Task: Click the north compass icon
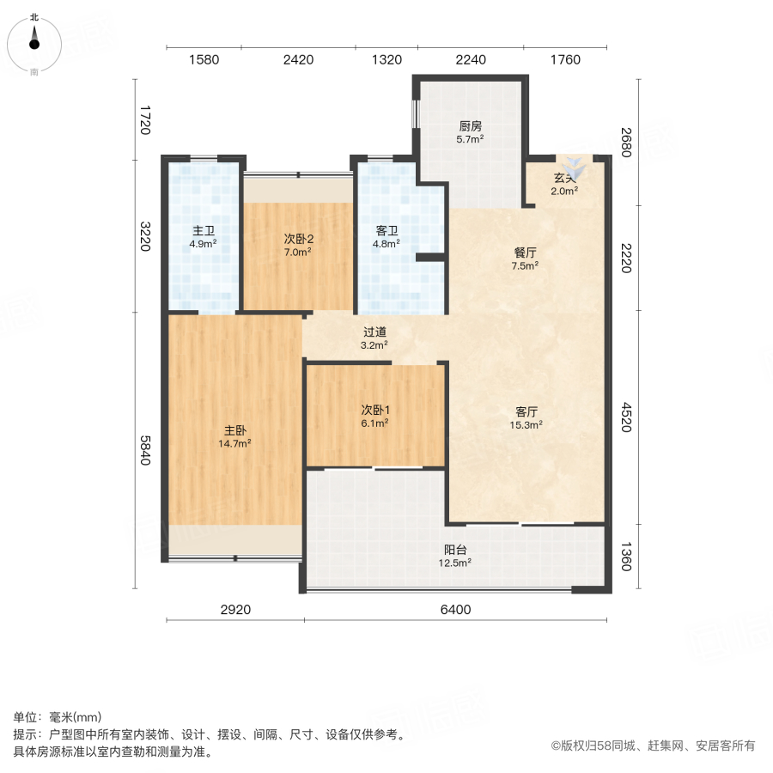(34, 40)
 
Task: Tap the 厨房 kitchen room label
(470, 125)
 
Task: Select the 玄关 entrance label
(564, 179)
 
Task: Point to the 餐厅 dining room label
(525, 253)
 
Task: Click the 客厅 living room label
(525, 411)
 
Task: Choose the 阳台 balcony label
(455, 550)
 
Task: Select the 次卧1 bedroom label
(375, 410)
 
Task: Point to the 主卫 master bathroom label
(204, 230)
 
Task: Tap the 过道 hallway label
(374, 332)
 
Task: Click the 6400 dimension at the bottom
(455, 610)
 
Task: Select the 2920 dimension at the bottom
(235, 610)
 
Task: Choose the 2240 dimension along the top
(471, 59)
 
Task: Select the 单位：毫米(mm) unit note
(58, 718)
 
